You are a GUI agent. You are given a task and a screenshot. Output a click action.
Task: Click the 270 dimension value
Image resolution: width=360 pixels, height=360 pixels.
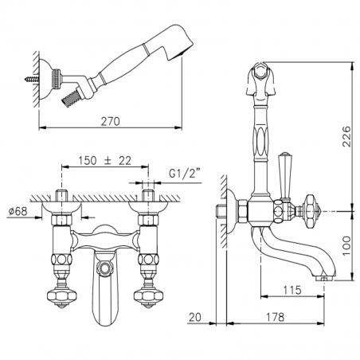point(110,121)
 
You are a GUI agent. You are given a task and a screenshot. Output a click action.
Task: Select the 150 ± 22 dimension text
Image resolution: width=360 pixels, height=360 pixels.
point(105,161)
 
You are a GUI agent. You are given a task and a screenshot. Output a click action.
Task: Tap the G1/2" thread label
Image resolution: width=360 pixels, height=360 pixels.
point(184,174)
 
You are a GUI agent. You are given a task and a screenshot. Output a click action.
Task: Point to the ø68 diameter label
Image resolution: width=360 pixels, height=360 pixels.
point(18,211)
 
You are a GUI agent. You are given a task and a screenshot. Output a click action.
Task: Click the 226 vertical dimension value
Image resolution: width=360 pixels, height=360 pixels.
point(346,136)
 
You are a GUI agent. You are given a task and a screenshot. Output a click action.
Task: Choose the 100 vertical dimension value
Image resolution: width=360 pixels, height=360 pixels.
point(346,246)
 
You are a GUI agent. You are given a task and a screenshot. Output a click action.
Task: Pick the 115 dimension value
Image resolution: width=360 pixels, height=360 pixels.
point(292,290)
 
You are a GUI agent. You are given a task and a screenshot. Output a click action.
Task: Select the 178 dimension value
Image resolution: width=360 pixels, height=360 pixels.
point(275,317)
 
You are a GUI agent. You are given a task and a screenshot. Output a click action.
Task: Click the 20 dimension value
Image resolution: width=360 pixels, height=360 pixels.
point(195,317)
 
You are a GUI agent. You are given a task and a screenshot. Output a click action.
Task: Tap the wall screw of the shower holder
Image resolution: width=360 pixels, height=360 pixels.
point(32,79)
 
